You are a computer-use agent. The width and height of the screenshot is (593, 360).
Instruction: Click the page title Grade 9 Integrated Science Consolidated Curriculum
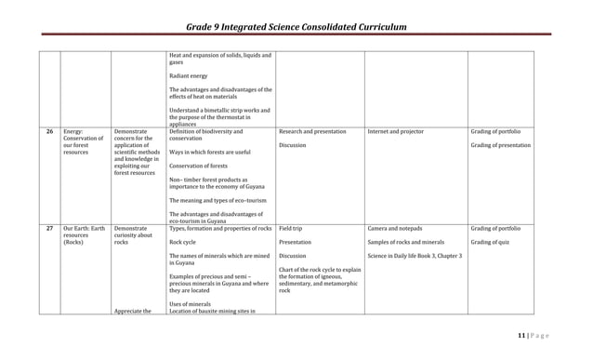[296, 28]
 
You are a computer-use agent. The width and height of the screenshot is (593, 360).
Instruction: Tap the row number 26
[49, 132]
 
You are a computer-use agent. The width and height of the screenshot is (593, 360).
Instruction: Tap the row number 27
[49, 229]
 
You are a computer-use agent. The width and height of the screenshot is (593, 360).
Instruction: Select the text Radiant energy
[192, 76]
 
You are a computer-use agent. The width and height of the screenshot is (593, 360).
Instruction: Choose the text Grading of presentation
[501, 146]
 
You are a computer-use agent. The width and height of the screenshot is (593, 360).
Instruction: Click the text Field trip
[290, 229]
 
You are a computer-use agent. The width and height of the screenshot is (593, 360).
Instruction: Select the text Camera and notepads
[395, 229]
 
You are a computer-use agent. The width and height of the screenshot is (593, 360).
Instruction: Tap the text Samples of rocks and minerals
[407, 243]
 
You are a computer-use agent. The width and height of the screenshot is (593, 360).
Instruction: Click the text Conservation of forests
[199, 167]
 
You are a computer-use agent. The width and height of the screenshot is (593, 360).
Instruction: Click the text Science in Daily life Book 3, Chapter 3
[415, 256]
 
